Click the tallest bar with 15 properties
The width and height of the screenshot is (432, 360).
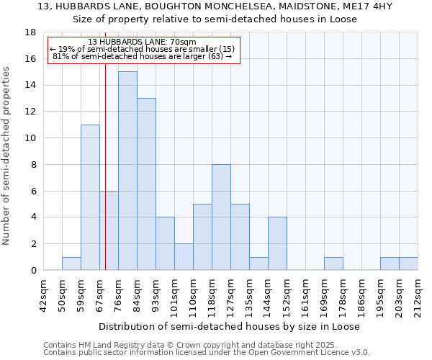[x=127, y=171]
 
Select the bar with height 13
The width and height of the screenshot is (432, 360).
[x=146, y=184]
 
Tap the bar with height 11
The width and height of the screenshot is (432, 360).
[x=90, y=197]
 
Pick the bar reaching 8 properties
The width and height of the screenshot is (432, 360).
[x=221, y=217]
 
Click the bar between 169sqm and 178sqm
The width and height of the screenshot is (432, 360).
[x=333, y=264]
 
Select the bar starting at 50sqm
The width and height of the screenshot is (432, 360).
[x=71, y=264]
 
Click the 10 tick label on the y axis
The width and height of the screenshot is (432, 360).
[x=30, y=138]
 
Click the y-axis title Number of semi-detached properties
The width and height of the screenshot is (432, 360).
[x=7, y=156]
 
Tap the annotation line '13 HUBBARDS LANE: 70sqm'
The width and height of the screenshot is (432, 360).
[x=142, y=42]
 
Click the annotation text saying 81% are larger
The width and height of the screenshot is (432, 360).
[x=142, y=56]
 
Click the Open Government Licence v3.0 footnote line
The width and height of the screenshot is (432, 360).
[x=207, y=353]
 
